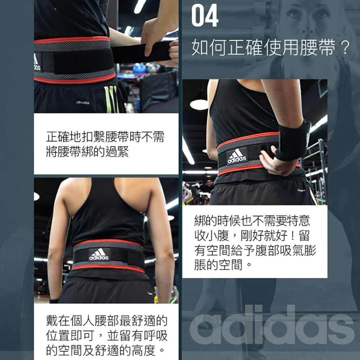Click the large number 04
click(x=205, y=15)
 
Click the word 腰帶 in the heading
click(x=317, y=48)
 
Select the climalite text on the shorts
click(x=83, y=102)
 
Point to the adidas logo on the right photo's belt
click(x=237, y=156)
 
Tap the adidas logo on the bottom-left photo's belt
click(x=99, y=255)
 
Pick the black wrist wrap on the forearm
click(x=293, y=141)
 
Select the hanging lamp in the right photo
click(x=199, y=103)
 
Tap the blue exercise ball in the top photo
click(x=139, y=68)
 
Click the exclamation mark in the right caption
click(x=292, y=235)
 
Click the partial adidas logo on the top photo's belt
click(x=37, y=62)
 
